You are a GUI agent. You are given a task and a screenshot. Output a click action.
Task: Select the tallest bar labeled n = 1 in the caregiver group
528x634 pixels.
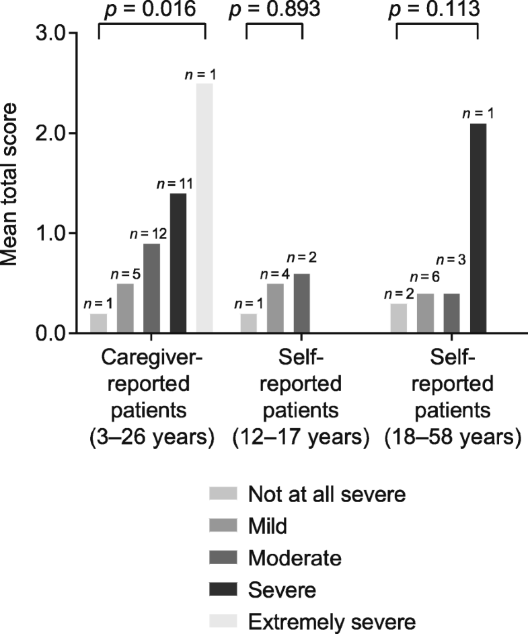(205, 208)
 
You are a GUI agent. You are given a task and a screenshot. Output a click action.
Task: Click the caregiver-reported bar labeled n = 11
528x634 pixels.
(178, 262)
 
